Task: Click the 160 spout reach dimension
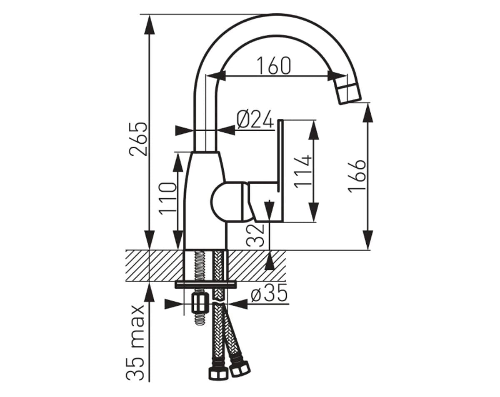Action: pos(273,66)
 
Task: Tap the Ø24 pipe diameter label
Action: pos(255,120)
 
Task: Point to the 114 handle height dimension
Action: pos(302,171)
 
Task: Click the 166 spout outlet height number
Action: pos(357,175)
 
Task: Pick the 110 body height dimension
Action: pos(169,197)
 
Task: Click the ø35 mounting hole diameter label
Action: pos(269,294)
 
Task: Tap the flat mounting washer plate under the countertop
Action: pos(205,284)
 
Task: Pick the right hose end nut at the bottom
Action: pos(240,367)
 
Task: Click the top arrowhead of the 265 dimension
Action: pos(149,25)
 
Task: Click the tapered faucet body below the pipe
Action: pos(204,200)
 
